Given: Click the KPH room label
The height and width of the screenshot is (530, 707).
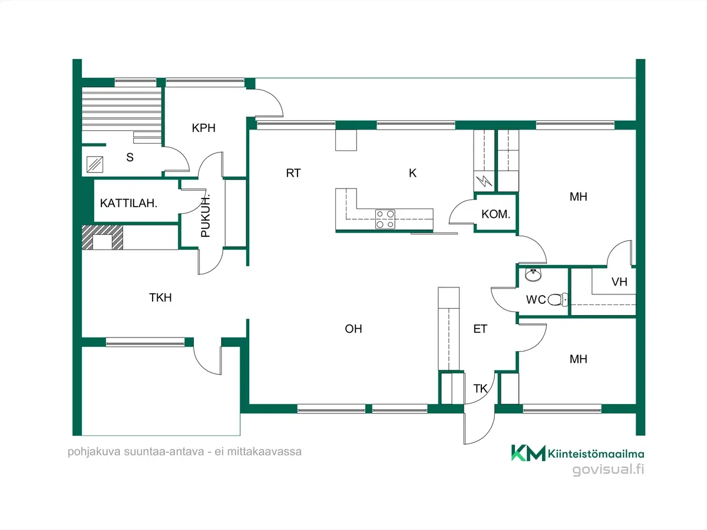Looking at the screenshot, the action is (204, 128).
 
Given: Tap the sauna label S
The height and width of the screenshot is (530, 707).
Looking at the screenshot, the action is (130, 157).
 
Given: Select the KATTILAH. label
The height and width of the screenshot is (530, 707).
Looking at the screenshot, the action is (128, 203).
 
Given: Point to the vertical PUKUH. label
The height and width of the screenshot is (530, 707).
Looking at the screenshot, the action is (205, 216).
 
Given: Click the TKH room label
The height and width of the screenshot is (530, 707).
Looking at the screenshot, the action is (160, 297).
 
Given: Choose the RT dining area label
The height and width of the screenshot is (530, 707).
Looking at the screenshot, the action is (293, 173).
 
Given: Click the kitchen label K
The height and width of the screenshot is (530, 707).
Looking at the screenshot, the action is (412, 173).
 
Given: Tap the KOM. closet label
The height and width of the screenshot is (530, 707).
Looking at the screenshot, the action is (495, 214).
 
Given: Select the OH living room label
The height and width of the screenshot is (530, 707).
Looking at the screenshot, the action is (353, 329).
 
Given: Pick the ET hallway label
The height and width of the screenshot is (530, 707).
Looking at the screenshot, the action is (480, 329).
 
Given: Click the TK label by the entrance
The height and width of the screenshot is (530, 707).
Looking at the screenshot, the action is (480, 389).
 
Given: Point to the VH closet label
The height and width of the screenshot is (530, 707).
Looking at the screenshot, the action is (619, 282).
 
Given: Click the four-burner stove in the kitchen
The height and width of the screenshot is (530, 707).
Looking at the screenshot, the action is (385, 219).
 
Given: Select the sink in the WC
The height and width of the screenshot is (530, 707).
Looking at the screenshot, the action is (533, 274).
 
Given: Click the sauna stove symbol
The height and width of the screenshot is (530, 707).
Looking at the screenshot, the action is (95, 164).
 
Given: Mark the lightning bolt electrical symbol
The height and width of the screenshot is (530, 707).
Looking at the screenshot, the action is (484, 181).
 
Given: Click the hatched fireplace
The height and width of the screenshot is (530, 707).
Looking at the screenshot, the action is (103, 237).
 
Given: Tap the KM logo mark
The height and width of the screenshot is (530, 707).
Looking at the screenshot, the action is (528, 453).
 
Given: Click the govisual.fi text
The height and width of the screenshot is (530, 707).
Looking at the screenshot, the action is (608, 469).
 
